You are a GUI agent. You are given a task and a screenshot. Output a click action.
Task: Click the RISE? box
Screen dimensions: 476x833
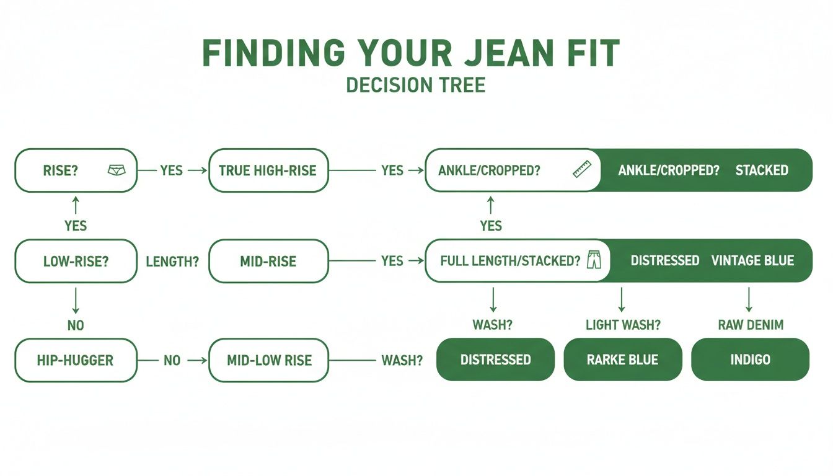tap(75, 170)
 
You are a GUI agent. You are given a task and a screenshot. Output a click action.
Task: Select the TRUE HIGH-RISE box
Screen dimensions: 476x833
tap(268, 170)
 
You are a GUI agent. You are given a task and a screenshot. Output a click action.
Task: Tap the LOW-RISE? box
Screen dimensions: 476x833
tap(75, 261)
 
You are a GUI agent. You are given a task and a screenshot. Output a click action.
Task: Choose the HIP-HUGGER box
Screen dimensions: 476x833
tap(75, 359)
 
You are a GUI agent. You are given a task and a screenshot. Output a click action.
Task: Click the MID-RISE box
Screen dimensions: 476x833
tap(268, 261)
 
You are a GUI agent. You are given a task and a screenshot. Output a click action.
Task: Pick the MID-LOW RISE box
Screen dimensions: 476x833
tap(268, 359)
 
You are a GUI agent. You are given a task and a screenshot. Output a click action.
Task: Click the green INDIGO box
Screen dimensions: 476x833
tap(750, 359)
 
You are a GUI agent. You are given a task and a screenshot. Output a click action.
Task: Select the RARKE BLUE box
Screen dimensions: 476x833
tap(622, 359)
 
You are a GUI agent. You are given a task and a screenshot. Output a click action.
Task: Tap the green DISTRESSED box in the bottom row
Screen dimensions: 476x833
tap(495, 359)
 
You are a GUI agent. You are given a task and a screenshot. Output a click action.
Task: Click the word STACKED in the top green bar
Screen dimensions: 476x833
tap(762, 170)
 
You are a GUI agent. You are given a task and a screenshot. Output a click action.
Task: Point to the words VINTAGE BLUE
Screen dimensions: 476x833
tap(752, 261)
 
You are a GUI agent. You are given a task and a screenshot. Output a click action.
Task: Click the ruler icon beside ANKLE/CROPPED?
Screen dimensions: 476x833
tap(582, 170)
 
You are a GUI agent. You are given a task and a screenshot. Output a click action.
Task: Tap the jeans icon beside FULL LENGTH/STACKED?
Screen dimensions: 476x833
tap(594, 260)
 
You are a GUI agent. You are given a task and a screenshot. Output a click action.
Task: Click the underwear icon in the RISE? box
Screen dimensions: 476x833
tap(117, 170)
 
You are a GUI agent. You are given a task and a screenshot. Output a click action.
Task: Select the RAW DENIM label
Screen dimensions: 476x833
tap(750, 325)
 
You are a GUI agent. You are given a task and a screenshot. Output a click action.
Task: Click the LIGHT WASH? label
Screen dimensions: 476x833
tap(622, 325)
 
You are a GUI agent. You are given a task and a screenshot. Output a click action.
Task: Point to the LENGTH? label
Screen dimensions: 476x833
tap(172, 262)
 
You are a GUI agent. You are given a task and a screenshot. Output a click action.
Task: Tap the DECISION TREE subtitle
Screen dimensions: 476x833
tap(415, 85)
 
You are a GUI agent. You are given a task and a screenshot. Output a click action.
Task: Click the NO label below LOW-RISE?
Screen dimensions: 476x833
tap(75, 325)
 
